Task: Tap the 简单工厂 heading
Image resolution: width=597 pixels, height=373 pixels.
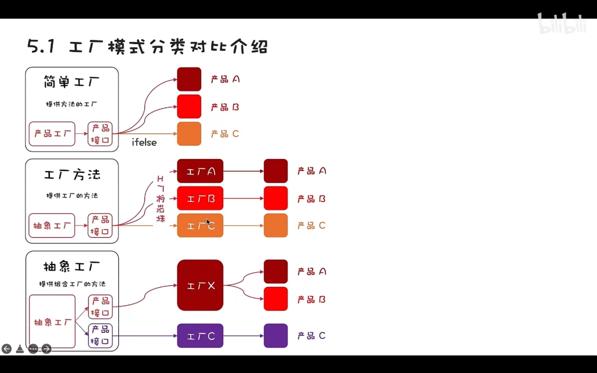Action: pos(72,82)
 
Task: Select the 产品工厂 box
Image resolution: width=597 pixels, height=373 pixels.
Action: pos(52,134)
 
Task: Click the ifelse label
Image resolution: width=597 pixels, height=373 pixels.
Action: pos(144,142)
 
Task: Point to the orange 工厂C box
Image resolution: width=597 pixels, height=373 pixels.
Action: pos(200,226)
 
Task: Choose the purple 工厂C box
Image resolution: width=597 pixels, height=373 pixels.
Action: pos(200,336)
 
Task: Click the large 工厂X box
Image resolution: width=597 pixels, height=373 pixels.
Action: pos(200,285)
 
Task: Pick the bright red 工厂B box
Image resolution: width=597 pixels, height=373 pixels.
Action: pos(200,199)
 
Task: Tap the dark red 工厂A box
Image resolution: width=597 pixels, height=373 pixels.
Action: pos(200,171)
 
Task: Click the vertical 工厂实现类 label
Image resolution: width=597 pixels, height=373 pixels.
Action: pos(161,199)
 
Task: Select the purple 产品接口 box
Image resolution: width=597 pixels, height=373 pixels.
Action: pos(100,335)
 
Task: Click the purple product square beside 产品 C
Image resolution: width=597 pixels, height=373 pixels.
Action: pos(276,336)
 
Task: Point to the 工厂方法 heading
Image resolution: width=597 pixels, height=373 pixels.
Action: pos(72,174)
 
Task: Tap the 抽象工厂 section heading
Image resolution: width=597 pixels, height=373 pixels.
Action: pos(72,266)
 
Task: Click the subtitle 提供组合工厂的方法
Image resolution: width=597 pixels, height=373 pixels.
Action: pos(72,284)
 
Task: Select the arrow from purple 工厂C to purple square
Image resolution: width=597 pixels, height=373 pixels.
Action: pos(243,336)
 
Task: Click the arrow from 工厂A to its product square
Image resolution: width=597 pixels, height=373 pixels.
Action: pos(243,171)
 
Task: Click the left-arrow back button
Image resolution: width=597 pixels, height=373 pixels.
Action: pos(7,349)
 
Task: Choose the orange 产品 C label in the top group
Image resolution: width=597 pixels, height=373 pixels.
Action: pos(225,134)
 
